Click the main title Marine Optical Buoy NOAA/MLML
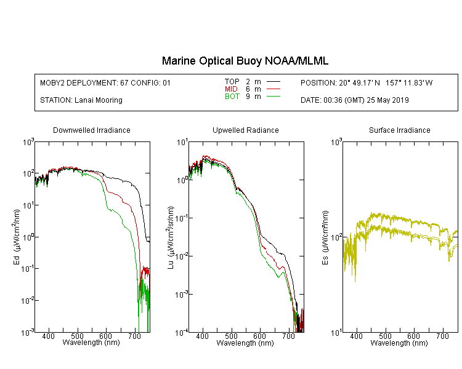click(x=245, y=61)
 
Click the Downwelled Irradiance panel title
click(x=92, y=130)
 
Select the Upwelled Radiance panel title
click(x=246, y=130)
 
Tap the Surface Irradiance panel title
click(x=400, y=130)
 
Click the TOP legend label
click(x=232, y=82)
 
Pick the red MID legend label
click(x=231, y=89)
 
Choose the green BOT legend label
click(x=232, y=97)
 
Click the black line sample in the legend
click(x=273, y=82)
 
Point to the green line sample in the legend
click(x=273, y=97)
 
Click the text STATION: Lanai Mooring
click(x=81, y=100)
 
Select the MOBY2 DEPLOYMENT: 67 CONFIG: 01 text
click(x=105, y=83)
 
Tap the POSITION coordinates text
click(x=367, y=83)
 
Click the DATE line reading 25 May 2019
click(x=354, y=100)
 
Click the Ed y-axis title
click(x=17, y=237)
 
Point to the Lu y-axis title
click(x=171, y=237)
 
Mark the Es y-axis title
click(x=325, y=237)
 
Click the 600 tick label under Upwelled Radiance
click(x=259, y=336)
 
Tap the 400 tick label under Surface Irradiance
click(x=356, y=336)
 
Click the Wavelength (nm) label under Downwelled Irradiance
click(x=91, y=343)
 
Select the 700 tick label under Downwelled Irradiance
click(x=134, y=336)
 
